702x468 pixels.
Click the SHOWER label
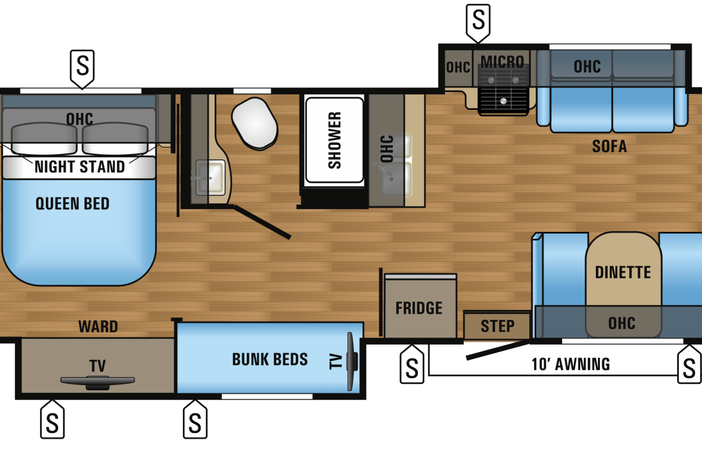334,140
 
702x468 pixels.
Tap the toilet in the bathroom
255,123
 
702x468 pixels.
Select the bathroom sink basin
210,177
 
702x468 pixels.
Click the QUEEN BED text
72,204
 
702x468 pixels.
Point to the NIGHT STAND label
80,166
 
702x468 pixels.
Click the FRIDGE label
419,308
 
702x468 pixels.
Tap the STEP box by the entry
497,326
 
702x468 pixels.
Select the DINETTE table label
623,272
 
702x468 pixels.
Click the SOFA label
610,146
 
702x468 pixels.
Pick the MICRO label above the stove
502,62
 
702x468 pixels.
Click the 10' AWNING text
571,364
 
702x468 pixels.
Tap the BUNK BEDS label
270,359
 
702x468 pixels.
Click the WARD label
98,326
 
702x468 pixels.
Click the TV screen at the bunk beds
352,361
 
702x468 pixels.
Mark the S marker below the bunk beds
195,419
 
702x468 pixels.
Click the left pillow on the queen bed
44,138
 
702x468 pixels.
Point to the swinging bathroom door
263,222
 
